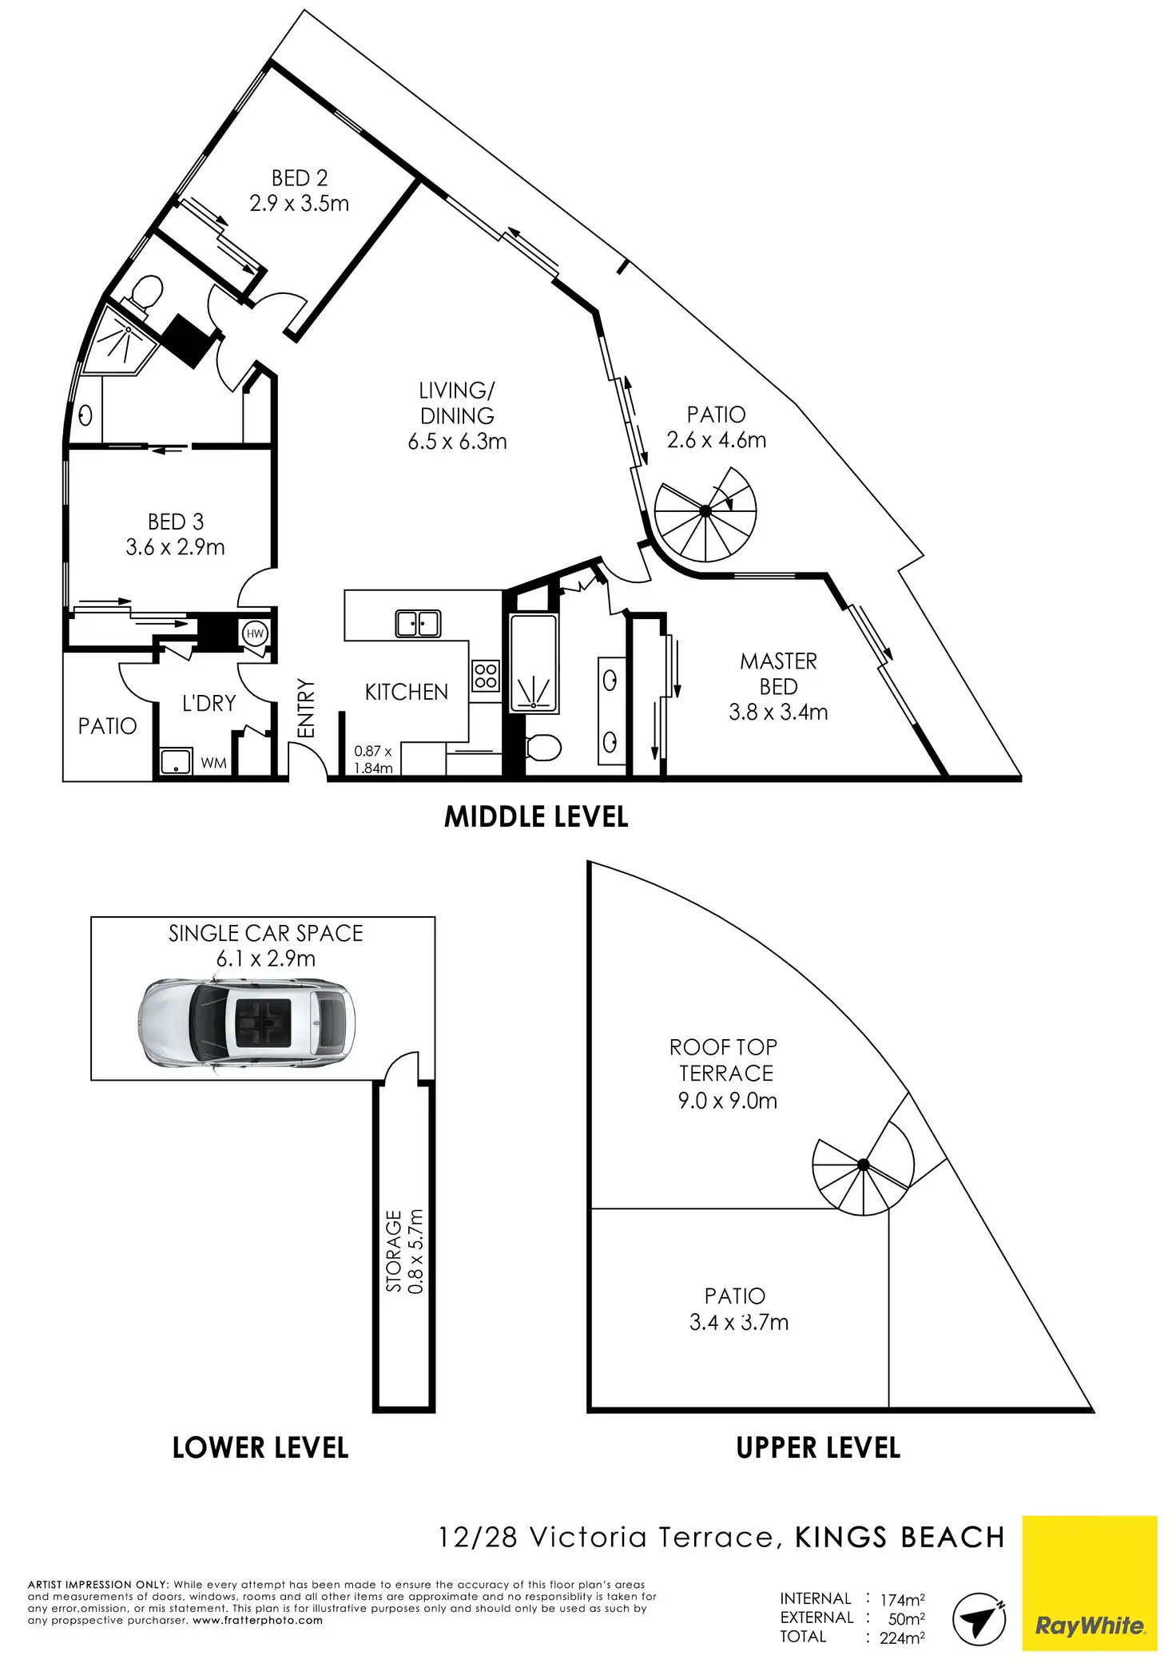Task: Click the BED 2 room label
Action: (299, 178)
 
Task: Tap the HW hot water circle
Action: (255, 634)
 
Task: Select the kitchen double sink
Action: (418, 624)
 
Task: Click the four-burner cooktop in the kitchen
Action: (486, 675)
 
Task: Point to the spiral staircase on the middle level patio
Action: (705, 511)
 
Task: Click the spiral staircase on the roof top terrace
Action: (863, 1165)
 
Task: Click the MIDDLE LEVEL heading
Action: (536, 817)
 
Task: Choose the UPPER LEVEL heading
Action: (818, 1448)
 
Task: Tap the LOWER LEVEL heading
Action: (260, 1448)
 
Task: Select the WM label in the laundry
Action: (213, 764)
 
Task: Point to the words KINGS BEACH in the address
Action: (900, 1538)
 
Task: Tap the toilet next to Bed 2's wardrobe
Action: (147, 293)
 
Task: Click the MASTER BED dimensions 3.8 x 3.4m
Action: (778, 712)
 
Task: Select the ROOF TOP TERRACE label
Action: (724, 1060)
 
